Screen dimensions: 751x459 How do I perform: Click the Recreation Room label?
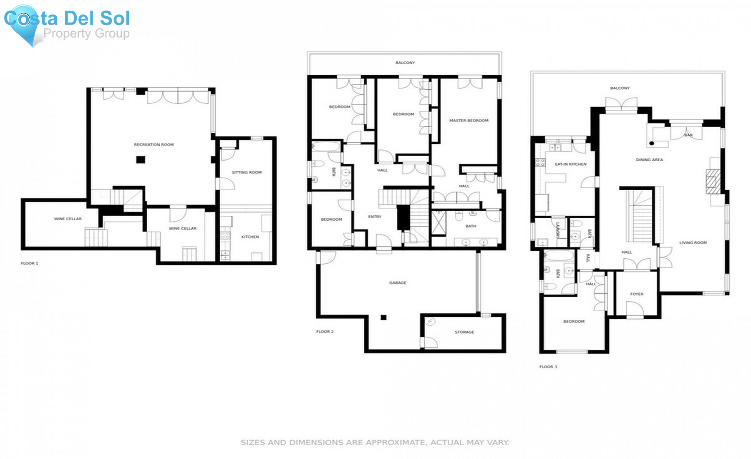pyautogui.click(x=154, y=145)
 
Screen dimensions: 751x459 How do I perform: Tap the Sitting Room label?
pyautogui.click(x=247, y=172)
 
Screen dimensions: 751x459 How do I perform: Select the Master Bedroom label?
pyautogui.click(x=469, y=121)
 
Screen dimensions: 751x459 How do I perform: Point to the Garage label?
pyautogui.click(x=398, y=283)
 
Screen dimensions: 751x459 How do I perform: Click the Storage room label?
pyautogui.click(x=464, y=332)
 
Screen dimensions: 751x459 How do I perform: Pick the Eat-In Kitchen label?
pyautogui.click(x=571, y=164)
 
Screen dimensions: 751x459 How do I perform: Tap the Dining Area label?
pyautogui.click(x=650, y=160)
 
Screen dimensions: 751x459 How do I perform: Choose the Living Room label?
pyautogui.click(x=693, y=243)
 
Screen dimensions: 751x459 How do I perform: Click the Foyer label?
pyautogui.click(x=637, y=294)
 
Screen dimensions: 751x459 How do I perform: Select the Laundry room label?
pyautogui.click(x=557, y=230)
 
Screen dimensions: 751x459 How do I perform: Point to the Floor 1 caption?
pyautogui.click(x=30, y=263)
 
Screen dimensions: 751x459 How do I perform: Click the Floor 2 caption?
pyautogui.click(x=325, y=332)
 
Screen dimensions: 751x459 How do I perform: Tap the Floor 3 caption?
pyautogui.click(x=548, y=367)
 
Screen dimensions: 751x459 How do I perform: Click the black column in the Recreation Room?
pyautogui.click(x=141, y=159)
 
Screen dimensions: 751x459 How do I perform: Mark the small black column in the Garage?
pyautogui.click(x=383, y=318)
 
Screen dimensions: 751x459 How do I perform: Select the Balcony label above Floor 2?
pyautogui.click(x=405, y=63)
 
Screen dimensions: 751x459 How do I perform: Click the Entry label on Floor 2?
pyautogui.click(x=375, y=217)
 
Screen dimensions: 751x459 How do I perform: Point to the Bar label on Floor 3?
pyautogui.click(x=688, y=135)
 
